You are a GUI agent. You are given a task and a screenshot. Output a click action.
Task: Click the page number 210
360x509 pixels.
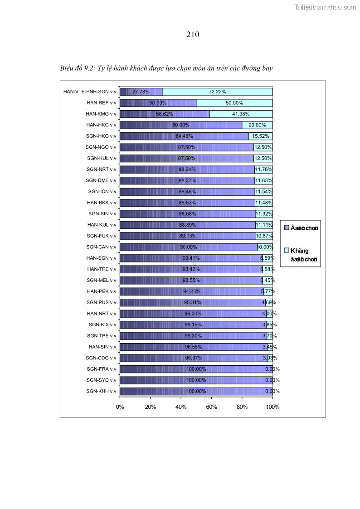tap(193, 34)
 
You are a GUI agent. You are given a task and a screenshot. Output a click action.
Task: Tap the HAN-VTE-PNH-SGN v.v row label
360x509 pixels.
tap(90, 92)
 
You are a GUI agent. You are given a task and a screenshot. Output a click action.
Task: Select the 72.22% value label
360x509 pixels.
tap(217, 92)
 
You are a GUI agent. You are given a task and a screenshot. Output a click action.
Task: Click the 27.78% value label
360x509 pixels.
tap(141, 92)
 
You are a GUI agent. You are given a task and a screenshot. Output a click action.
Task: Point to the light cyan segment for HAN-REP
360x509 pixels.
tap(234, 103)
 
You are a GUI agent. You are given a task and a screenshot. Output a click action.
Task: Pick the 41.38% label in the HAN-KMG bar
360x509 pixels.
tap(241, 114)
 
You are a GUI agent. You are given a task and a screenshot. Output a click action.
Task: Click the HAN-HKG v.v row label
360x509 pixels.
tap(101, 125)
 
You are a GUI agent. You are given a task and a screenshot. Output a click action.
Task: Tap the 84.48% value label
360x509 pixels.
tap(184, 136)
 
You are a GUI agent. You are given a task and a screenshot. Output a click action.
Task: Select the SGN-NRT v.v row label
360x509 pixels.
tap(101, 170)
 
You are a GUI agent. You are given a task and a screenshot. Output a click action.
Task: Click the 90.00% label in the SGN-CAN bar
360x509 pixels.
tap(188, 247)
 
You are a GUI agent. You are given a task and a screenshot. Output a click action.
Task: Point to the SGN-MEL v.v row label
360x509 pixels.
tap(101, 280)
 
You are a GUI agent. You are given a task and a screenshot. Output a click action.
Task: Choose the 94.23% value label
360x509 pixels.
tap(191, 291)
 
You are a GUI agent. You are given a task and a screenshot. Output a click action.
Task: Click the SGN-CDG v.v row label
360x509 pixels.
tap(101, 358)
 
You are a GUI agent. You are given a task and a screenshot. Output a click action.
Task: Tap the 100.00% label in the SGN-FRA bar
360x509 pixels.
tap(196, 369)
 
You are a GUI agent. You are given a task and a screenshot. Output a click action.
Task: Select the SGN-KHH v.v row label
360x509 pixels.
tap(101, 391)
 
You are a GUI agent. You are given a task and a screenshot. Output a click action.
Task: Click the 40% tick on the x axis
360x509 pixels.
tap(181, 407)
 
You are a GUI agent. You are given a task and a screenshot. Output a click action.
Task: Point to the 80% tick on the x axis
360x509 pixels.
tap(242, 407)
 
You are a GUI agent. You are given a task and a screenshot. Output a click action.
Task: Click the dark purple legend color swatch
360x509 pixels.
tap(286, 228)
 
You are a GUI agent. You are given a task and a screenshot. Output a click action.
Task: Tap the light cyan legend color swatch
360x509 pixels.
tap(286, 250)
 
